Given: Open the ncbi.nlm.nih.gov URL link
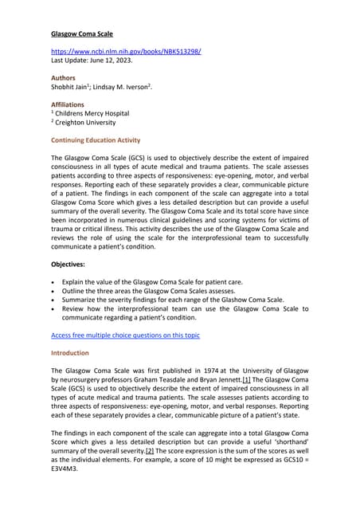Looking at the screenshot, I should point(126,52).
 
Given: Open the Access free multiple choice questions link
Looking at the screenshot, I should point(125,335).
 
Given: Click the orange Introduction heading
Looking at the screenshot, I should point(70,353).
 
